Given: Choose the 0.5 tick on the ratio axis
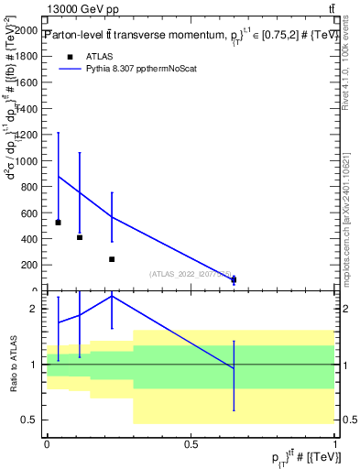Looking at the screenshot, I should pyautogui.click(x=34, y=420).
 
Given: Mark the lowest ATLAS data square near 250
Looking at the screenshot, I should pyautogui.click(x=112, y=259).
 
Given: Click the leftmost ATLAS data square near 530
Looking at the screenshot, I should pyautogui.click(x=58, y=223).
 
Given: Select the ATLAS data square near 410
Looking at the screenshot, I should pyautogui.click(x=80, y=237).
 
